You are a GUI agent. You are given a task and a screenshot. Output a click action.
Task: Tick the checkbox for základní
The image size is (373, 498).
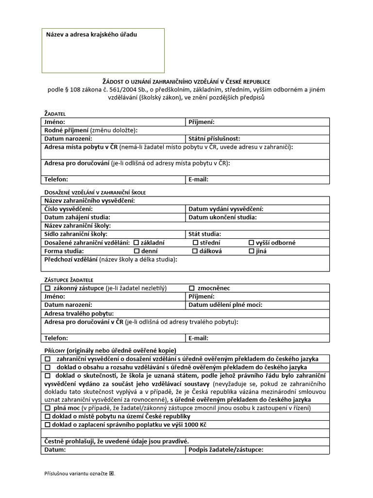click(136, 243)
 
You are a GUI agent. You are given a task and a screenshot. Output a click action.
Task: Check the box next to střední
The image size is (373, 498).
click(195, 243)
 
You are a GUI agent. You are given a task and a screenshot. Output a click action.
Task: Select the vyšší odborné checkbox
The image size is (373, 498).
click(252, 243)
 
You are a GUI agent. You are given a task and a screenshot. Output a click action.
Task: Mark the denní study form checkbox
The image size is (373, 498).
click(136, 251)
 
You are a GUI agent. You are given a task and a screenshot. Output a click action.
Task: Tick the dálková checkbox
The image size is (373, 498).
click(195, 251)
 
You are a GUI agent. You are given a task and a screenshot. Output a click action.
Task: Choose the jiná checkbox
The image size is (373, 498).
click(252, 251)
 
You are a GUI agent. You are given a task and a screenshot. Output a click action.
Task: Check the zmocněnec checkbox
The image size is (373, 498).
click(192, 288)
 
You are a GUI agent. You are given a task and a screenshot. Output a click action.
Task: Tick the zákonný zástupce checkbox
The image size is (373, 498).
click(48, 288)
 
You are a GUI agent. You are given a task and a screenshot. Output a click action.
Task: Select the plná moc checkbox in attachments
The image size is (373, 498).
click(48, 408)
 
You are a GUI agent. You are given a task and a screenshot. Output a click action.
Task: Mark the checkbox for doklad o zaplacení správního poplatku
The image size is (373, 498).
click(48, 425)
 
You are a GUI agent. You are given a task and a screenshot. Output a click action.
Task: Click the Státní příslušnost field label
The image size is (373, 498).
click(214, 139)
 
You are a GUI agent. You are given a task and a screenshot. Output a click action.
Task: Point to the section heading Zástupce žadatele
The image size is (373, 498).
click(68, 280)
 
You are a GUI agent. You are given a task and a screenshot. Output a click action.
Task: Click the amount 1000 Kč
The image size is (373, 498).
click(199, 425)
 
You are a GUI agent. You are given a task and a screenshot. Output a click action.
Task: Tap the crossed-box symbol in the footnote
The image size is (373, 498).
click(112, 473)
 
